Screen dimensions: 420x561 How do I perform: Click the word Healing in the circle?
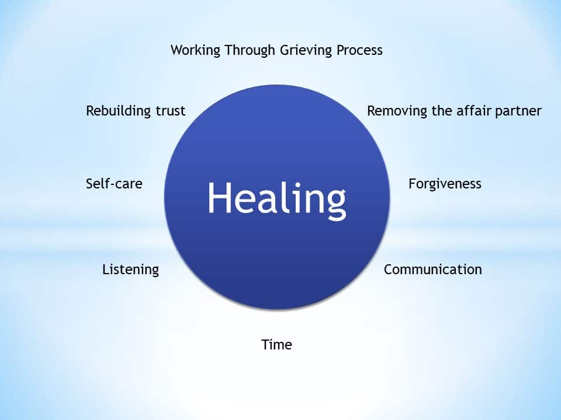(x=276, y=198)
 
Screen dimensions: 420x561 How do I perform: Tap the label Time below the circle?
(x=276, y=344)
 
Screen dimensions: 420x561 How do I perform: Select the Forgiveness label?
(x=445, y=184)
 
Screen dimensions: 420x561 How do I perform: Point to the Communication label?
(x=432, y=269)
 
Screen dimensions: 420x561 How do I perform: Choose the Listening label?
(x=130, y=269)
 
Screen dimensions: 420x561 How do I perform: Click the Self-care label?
(x=114, y=184)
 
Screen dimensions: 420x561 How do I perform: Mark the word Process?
(x=359, y=50)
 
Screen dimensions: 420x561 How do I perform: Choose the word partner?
(x=517, y=111)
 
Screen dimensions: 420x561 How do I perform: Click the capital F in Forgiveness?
(x=412, y=184)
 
